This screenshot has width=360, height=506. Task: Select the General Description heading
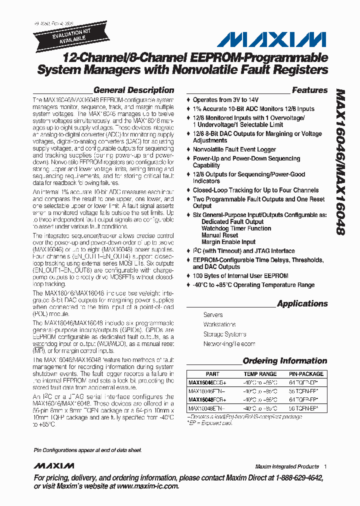(133, 90)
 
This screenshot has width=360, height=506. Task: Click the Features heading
(309, 90)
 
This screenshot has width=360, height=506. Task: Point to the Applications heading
(302, 304)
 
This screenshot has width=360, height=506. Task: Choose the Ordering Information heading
(285, 361)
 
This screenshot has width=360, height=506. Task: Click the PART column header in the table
(212, 374)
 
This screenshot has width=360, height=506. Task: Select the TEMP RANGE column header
(260, 374)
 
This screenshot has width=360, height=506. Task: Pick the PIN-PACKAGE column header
(306, 374)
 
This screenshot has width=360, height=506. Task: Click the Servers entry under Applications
(213, 315)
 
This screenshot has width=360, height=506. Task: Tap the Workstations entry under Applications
(219, 324)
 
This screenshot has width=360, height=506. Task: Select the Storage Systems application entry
(224, 334)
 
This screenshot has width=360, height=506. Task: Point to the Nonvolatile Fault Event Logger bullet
(234, 149)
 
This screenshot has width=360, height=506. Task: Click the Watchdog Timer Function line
(236, 228)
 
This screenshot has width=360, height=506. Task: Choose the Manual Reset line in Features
(219, 235)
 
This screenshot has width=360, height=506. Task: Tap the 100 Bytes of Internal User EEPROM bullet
(240, 276)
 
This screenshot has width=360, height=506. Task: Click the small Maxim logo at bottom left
(54, 466)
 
